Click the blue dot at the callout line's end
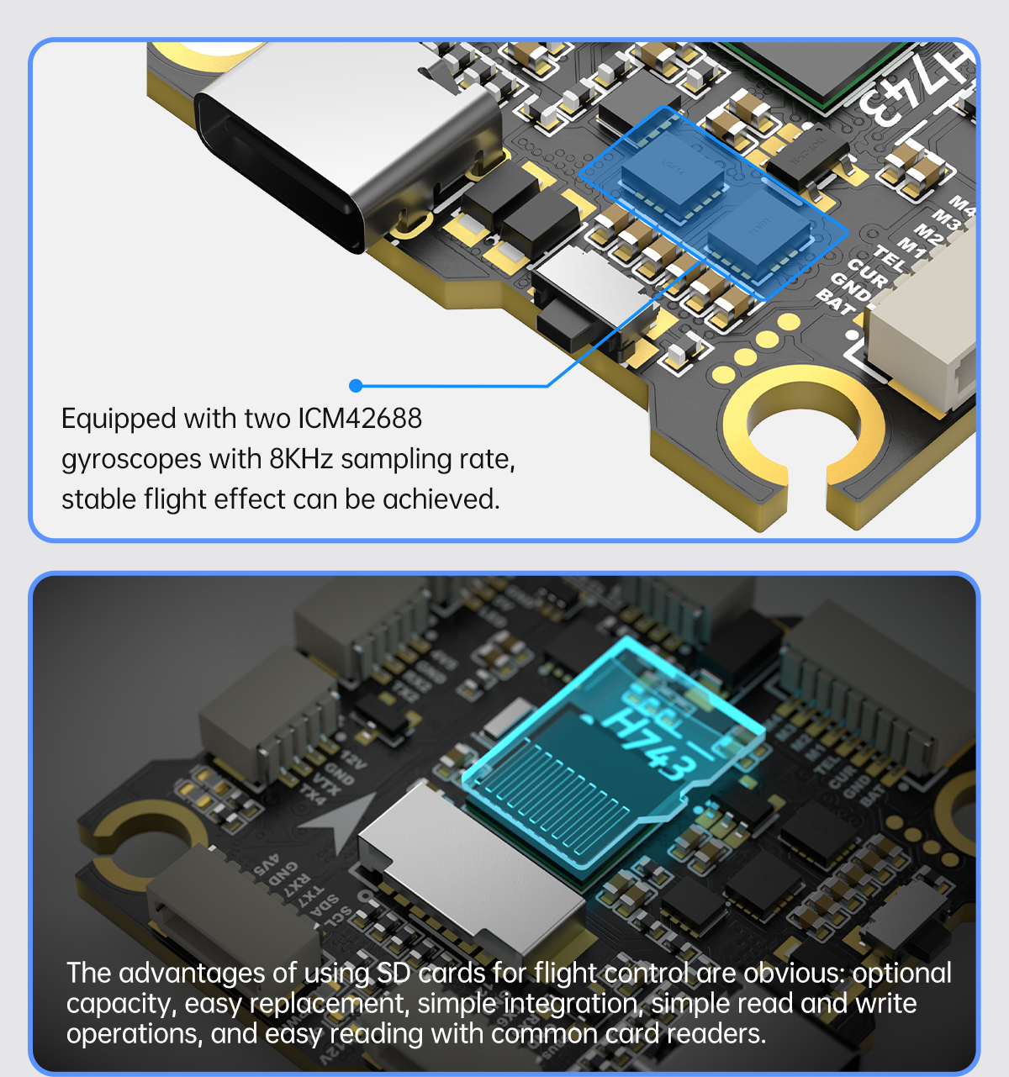[356, 385]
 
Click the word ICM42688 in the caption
[360, 419]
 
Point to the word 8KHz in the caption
[301, 459]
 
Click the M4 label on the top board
[963, 205]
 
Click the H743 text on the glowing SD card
[651, 745]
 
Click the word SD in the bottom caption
[394, 973]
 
